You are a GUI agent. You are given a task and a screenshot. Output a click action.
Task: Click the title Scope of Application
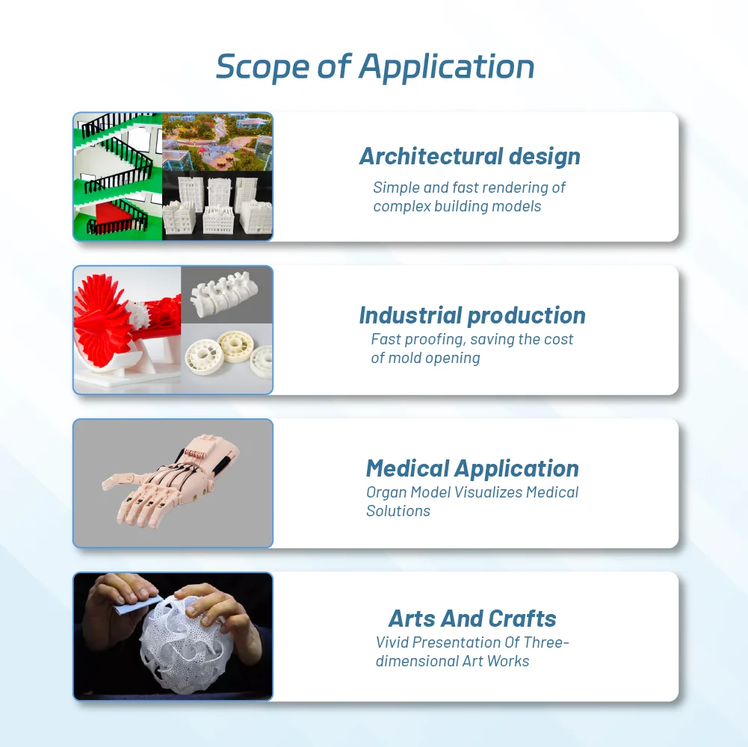375,66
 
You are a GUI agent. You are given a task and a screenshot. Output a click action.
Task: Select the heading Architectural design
470,156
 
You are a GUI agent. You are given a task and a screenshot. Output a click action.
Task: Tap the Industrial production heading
472,315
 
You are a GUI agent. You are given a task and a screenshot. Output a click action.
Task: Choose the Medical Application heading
472,468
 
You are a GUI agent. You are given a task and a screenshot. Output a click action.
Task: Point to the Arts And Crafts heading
472,619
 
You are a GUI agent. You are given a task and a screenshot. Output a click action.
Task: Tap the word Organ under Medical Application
386,492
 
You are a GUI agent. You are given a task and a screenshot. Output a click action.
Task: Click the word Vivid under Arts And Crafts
392,642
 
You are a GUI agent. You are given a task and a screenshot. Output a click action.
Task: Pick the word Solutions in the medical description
398,512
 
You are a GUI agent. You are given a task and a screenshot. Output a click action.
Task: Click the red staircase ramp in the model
114,213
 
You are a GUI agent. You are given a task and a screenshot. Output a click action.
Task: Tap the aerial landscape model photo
217,142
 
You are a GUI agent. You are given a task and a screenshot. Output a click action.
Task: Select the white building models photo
217,205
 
